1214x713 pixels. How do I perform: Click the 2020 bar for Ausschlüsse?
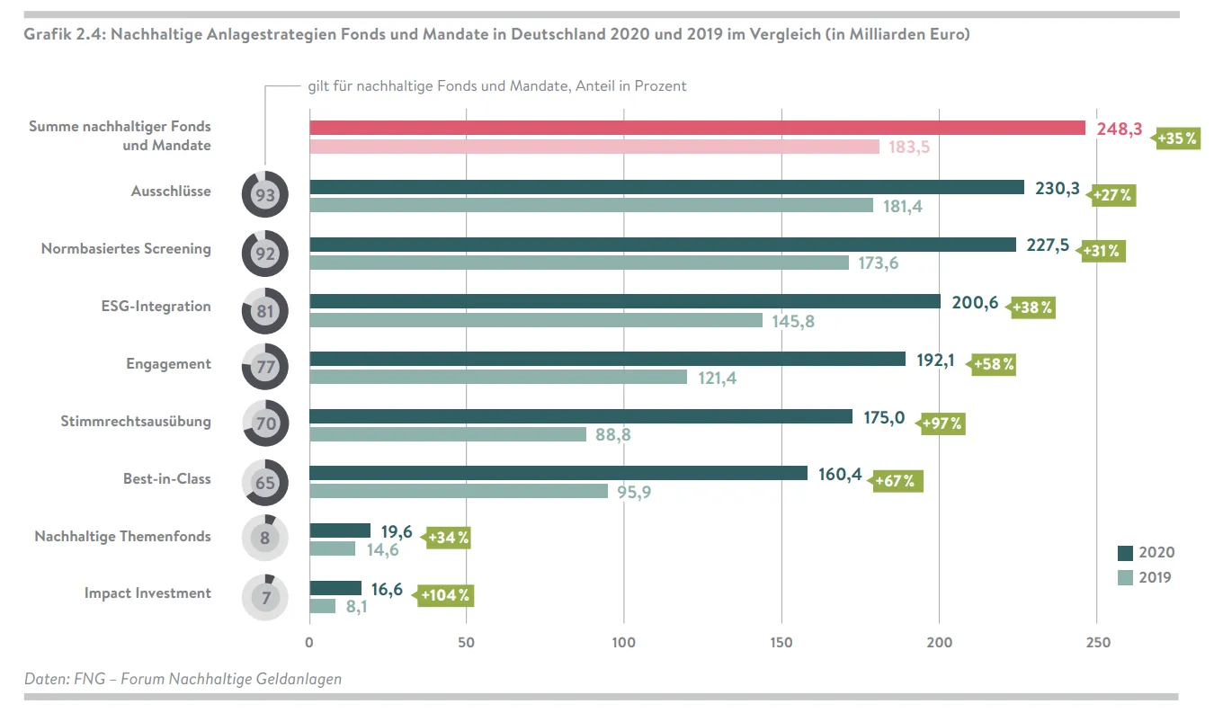point(666,187)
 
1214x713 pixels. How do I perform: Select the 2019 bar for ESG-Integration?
point(536,320)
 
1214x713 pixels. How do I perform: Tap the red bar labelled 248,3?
point(697,128)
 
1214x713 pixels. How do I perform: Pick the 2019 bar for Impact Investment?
point(322,606)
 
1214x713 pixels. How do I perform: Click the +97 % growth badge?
point(942,423)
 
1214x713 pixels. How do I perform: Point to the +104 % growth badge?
point(444,595)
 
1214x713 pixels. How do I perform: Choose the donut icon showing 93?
point(264,195)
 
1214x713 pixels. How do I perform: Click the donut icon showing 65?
point(264,483)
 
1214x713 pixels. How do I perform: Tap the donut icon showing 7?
point(264,597)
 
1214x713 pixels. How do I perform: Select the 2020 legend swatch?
point(1125,553)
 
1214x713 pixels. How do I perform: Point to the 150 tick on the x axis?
point(781,643)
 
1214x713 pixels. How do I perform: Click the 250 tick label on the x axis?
point(1098,643)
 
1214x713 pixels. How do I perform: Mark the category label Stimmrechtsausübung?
point(136,421)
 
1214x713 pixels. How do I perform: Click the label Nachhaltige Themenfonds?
point(122,536)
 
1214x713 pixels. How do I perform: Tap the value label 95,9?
point(634,492)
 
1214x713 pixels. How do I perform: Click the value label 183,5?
point(908,147)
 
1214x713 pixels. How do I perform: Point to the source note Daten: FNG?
point(183,679)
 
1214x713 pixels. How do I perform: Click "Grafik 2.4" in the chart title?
point(61,34)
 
